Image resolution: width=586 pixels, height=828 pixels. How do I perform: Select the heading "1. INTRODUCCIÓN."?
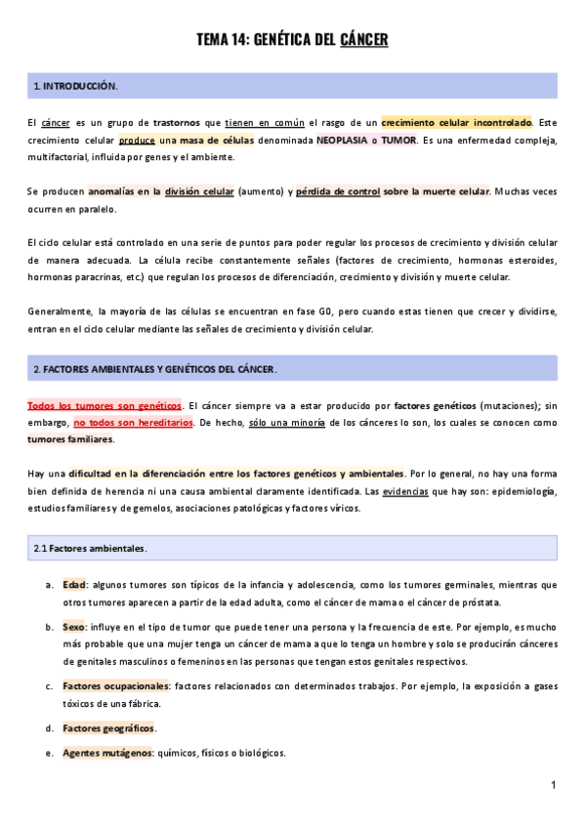(x=75, y=87)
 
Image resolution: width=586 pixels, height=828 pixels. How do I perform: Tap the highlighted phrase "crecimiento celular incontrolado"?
(x=456, y=123)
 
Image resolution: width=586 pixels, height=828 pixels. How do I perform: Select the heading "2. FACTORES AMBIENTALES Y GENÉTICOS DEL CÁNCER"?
(x=155, y=369)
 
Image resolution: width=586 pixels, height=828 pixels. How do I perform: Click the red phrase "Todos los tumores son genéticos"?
(x=105, y=405)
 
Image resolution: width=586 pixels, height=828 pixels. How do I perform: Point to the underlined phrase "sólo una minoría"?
(x=288, y=423)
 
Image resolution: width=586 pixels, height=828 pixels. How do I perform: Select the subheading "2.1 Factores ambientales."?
(x=90, y=548)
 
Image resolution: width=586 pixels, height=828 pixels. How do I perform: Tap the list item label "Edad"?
(x=74, y=585)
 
